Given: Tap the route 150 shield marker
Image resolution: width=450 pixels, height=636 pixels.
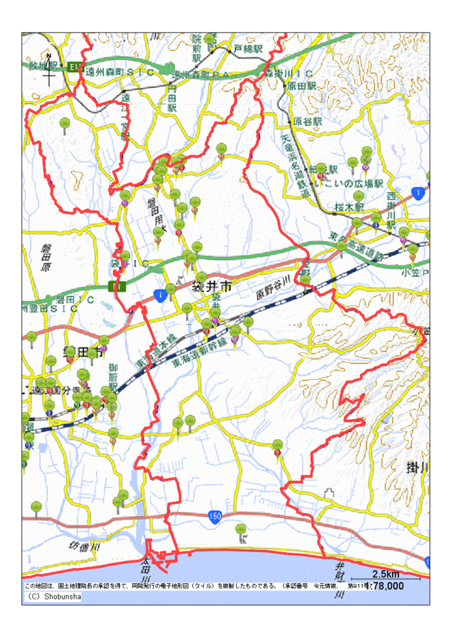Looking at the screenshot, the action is point(216,516).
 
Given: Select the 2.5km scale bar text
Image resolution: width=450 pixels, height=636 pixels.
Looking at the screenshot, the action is point(386,574).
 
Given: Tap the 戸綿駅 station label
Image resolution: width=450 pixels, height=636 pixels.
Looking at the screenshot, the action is point(247,49).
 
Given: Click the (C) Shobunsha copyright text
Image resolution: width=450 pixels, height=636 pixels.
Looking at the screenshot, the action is point(53,596).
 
